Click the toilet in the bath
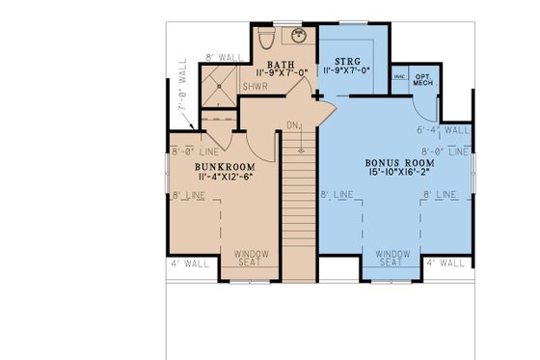(x=269, y=39)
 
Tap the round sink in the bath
(x=301, y=38)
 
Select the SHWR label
(x=256, y=85)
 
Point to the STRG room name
(x=354, y=59)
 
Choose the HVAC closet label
(x=398, y=76)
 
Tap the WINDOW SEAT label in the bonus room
(x=390, y=258)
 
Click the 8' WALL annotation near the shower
(x=221, y=58)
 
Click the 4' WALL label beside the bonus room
(x=445, y=262)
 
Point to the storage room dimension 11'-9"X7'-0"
(x=354, y=71)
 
